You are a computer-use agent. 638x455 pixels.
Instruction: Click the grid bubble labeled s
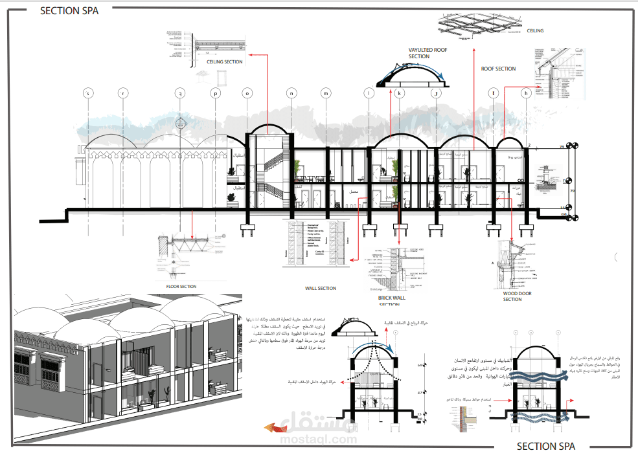point(89,93)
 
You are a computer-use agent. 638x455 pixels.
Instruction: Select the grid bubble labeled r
point(122,93)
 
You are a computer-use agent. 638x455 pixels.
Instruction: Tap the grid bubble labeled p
point(215,93)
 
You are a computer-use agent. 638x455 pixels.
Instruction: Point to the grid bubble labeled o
point(247,93)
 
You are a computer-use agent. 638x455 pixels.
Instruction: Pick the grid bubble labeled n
point(291,93)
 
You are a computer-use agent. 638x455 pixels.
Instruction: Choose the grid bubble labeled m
point(325,93)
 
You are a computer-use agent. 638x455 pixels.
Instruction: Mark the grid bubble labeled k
point(400,93)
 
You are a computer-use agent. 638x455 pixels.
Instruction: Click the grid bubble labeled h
point(526,93)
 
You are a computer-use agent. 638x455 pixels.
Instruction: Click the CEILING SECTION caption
point(225,62)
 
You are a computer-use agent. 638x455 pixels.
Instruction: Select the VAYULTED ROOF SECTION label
point(427,52)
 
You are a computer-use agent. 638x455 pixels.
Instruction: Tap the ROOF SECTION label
point(498,69)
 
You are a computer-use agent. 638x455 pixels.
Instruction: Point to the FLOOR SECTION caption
point(181,286)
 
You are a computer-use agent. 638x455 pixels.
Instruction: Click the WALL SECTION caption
point(321,289)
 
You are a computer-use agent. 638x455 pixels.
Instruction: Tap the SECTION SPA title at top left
point(69,10)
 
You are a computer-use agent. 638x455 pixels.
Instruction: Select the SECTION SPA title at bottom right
point(545,446)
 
